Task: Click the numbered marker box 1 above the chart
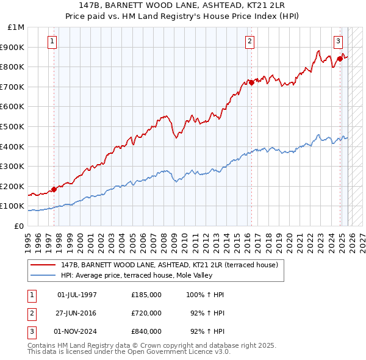(x=52, y=41)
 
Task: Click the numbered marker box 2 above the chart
(x=250, y=41)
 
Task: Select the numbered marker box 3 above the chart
(x=338, y=41)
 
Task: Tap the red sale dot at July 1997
(x=54, y=189)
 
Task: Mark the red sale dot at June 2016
(x=251, y=82)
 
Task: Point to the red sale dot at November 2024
(x=340, y=59)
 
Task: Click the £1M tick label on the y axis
(x=16, y=27)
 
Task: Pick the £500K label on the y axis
(x=13, y=126)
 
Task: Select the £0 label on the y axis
(x=20, y=226)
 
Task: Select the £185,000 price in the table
(x=146, y=295)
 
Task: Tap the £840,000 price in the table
(x=146, y=331)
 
